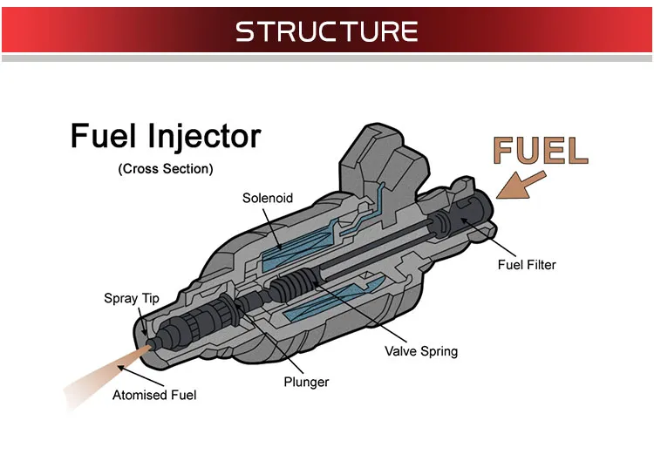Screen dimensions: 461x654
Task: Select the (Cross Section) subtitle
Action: [x=165, y=169]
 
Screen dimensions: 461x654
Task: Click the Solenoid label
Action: [x=268, y=198]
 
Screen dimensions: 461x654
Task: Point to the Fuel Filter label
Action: [x=526, y=265]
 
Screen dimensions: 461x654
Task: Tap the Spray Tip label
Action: [x=132, y=299]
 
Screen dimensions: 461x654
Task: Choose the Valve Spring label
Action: [x=420, y=351]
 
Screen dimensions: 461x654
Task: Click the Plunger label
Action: [x=307, y=382]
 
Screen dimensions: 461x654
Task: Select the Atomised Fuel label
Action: [x=154, y=396]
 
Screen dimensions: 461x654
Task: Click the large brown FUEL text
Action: [x=540, y=151]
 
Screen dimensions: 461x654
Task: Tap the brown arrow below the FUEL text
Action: [x=521, y=184]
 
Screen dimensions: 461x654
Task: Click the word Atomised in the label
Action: [x=140, y=396]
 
